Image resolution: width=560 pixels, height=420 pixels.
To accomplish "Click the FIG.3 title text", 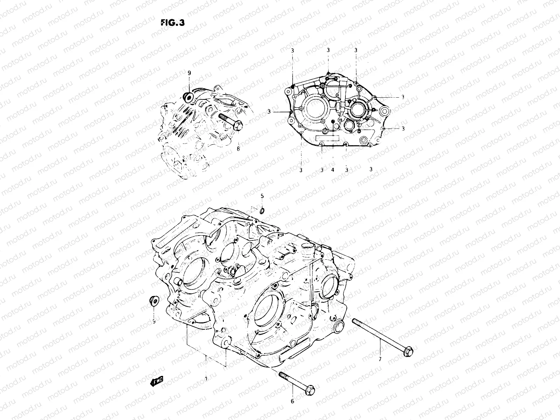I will (173, 23).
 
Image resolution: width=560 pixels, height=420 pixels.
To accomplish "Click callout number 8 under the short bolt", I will (238, 149).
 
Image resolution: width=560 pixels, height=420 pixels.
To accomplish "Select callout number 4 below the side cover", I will (332, 169).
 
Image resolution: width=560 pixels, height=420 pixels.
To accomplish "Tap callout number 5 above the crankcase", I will (262, 196).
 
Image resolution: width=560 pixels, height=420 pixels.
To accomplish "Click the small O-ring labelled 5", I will (262, 211).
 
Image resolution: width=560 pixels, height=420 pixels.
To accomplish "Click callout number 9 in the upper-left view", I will (189, 73).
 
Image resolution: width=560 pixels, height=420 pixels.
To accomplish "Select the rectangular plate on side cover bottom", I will (328, 138).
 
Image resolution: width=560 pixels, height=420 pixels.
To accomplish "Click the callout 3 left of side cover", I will (269, 112).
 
